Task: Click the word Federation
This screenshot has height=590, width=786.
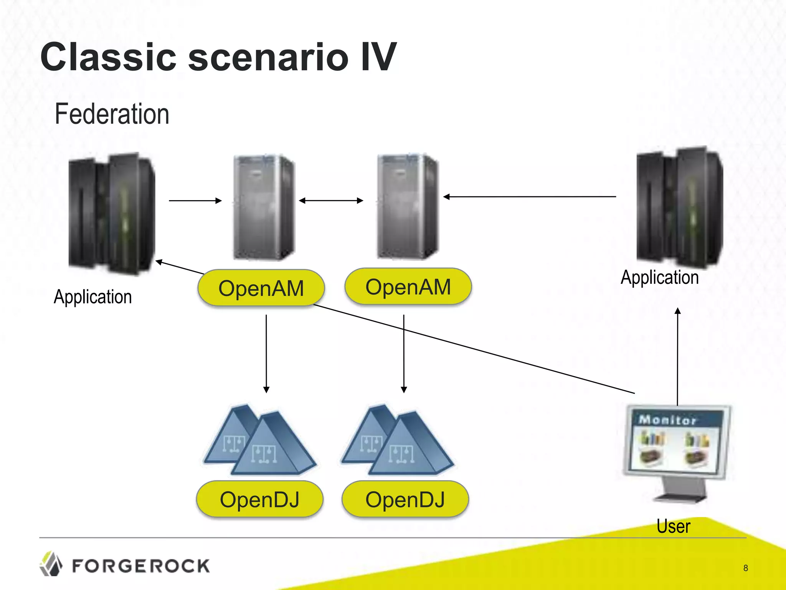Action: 112,114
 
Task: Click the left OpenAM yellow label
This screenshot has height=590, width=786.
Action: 261,288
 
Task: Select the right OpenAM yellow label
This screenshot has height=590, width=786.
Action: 408,287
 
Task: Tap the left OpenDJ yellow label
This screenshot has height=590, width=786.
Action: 259,499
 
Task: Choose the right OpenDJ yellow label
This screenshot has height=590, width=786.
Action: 405,499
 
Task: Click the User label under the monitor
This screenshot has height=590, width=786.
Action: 673,526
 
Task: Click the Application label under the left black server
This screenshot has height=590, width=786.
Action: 93,297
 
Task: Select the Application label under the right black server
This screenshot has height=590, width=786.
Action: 660,277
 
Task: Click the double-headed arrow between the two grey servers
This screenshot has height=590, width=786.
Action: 331,201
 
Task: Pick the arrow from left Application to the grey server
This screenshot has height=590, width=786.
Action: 195,201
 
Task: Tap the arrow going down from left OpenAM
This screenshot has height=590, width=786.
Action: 266,353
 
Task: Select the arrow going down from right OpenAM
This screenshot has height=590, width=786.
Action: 404,353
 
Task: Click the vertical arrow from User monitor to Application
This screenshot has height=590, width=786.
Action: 678,357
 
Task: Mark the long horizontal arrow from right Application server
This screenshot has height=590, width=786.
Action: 530,197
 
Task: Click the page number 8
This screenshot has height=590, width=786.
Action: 745,568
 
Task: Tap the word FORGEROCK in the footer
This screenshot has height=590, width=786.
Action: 141,566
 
